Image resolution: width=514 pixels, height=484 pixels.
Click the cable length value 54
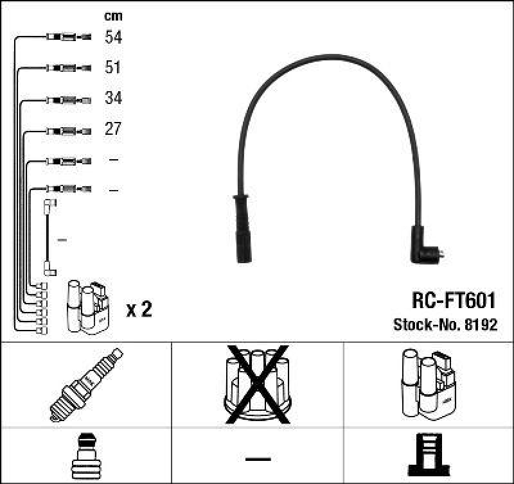point(113,37)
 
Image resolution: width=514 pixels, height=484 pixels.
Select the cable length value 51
point(113,67)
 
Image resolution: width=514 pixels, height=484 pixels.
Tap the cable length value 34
point(113,98)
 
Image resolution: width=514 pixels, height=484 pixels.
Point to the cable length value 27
point(113,129)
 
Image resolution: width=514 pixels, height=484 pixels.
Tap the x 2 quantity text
point(139,310)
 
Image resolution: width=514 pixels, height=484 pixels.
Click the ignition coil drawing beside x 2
point(87,306)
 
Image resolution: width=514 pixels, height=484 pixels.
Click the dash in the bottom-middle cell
point(258,458)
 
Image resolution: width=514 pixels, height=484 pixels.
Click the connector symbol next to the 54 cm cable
point(67,37)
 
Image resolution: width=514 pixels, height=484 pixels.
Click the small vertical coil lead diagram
point(48,238)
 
